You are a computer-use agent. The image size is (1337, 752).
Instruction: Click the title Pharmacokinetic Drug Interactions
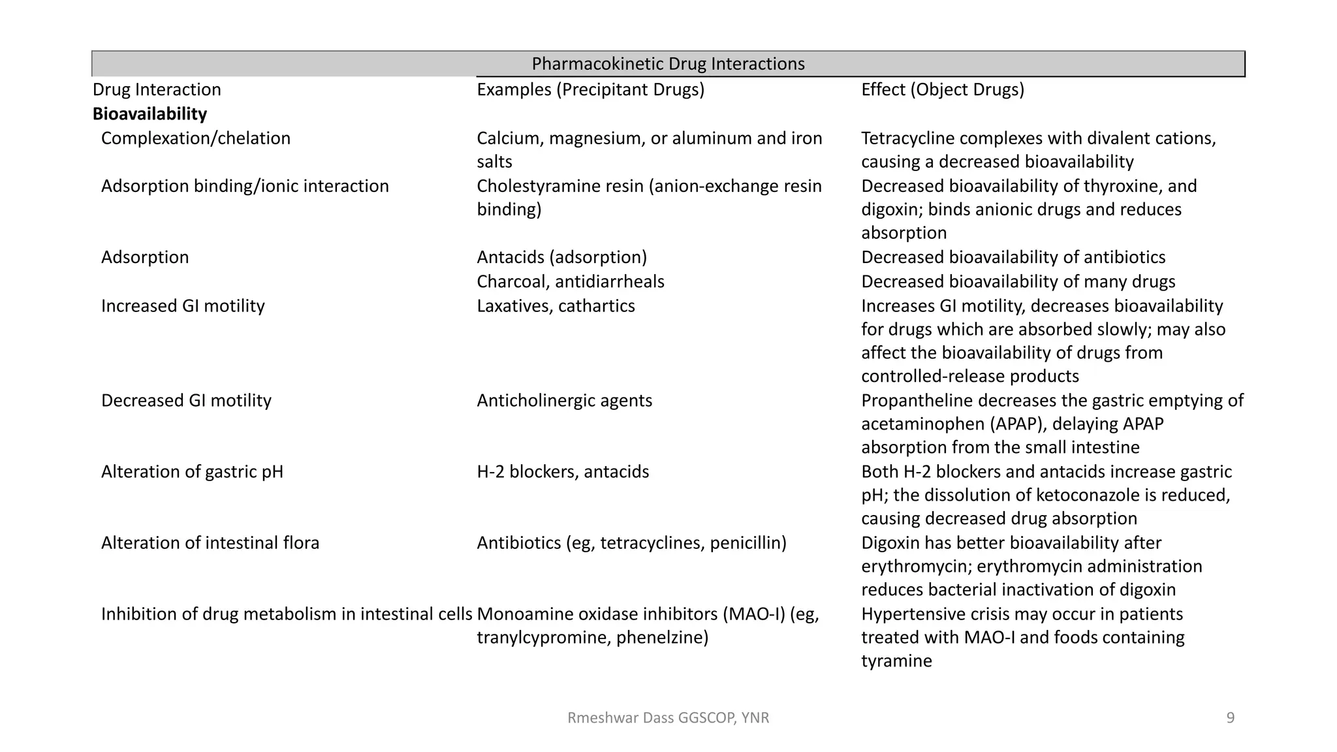(668, 64)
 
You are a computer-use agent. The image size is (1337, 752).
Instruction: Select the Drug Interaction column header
(157, 89)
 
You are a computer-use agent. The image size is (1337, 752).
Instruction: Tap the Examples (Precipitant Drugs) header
(590, 89)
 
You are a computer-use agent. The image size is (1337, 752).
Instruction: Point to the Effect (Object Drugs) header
(942, 89)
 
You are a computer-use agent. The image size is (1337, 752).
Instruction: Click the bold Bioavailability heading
(149, 114)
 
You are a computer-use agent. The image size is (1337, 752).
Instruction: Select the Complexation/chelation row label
(195, 138)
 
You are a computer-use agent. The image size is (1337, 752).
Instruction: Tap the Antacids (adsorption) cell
(561, 257)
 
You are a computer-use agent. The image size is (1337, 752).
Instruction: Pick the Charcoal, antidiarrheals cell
(570, 281)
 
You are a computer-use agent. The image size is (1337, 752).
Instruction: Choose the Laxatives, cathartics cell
(556, 306)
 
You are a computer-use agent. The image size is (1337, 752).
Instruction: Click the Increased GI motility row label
(183, 306)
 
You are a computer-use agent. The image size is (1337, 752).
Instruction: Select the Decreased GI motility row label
(186, 401)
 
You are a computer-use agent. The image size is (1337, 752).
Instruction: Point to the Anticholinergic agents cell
(564, 401)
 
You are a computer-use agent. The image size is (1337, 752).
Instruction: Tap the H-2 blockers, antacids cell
(563, 472)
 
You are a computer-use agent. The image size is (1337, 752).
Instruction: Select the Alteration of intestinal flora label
(210, 543)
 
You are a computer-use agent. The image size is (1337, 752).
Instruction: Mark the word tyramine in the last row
(896, 661)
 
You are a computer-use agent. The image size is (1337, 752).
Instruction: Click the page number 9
(1230, 718)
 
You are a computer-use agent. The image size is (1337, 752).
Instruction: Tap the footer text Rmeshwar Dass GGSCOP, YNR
(668, 718)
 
